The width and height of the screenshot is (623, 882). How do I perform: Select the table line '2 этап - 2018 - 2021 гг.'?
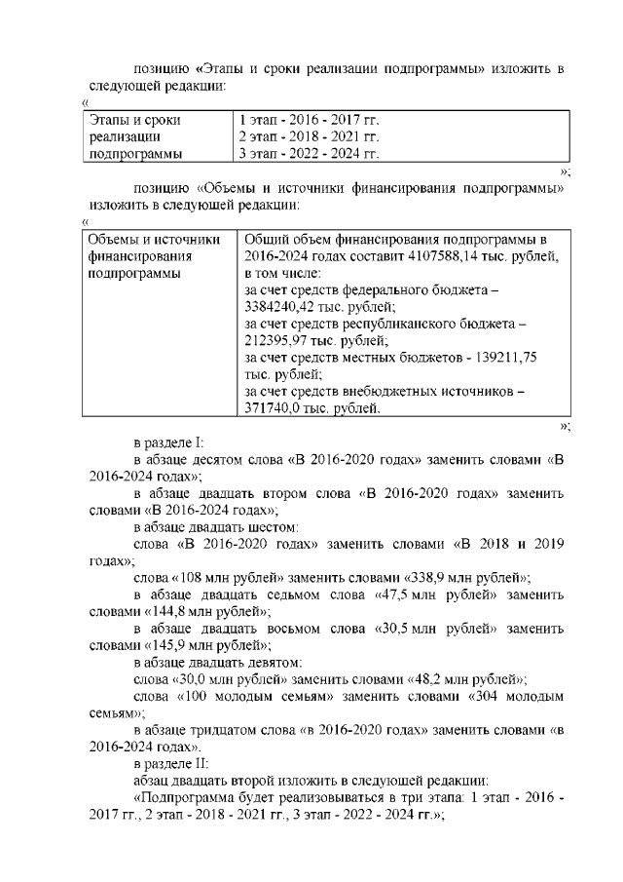(x=309, y=137)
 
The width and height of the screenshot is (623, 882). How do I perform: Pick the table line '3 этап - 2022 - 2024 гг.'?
(x=309, y=154)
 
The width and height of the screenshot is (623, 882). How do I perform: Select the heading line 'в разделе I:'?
(x=168, y=441)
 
